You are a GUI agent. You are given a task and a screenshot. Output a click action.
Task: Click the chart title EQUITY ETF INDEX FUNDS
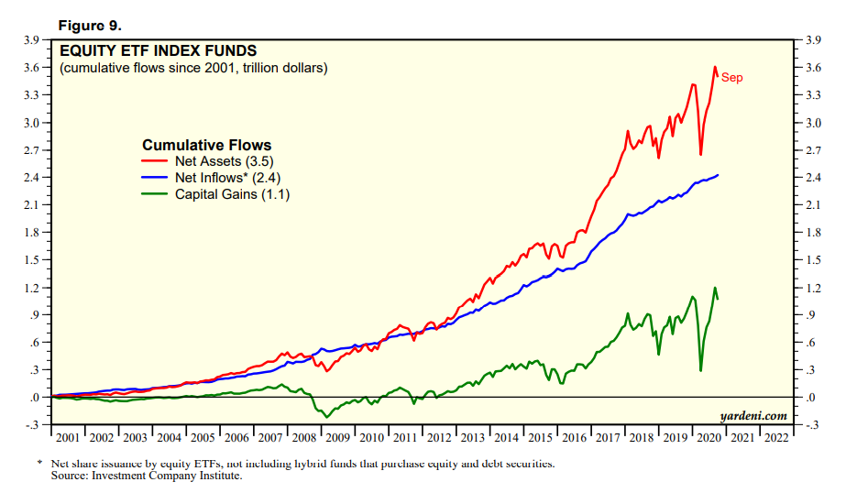(158, 50)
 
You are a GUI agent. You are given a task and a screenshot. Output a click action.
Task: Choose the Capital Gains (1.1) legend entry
(232, 194)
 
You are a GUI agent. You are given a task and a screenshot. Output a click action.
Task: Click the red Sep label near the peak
(731, 78)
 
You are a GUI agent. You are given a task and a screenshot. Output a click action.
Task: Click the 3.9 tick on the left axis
(30, 40)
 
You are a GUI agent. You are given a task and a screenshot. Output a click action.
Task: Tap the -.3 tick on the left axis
(30, 425)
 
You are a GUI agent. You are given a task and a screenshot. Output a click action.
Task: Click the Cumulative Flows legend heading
(206, 145)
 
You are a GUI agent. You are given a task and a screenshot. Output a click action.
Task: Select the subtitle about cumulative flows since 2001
(193, 69)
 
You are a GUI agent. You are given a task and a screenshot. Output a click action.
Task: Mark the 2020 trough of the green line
(700, 370)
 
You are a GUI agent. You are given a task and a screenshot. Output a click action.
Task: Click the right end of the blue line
(718, 174)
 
